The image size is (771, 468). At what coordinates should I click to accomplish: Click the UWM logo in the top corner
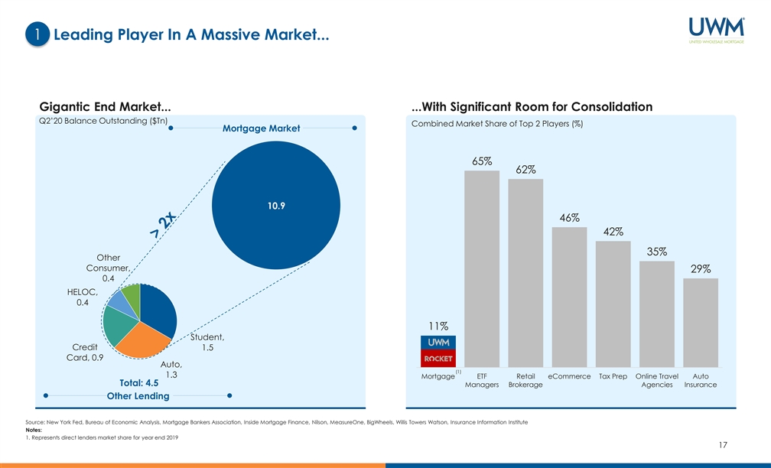tap(716, 31)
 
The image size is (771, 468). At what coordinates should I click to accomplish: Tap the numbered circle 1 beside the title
tap(37, 34)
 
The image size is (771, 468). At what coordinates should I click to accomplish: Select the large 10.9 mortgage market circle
tap(276, 206)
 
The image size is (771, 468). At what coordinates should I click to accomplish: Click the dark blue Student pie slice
tap(158, 310)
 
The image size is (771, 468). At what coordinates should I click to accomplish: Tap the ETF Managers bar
tap(482, 268)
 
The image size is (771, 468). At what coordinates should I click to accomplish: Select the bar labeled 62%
tap(525, 273)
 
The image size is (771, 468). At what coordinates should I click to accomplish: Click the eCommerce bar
tap(569, 297)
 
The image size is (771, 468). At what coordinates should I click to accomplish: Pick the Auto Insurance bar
tap(701, 323)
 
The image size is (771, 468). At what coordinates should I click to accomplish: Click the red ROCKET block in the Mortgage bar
tap(438, 359)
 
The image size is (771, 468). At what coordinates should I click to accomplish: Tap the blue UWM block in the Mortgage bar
tap(438, 343)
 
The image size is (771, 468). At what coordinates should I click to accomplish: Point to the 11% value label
tap(438, 326)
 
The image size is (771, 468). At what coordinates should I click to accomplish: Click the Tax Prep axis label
tap(613, 376)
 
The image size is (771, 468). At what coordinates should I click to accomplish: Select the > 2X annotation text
tap(163, 226)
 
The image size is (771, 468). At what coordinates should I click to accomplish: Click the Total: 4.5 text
tap(138, 383)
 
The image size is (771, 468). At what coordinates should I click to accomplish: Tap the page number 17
tap(722, 445)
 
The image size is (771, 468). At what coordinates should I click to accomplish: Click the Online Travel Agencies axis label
tap(657, 380)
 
